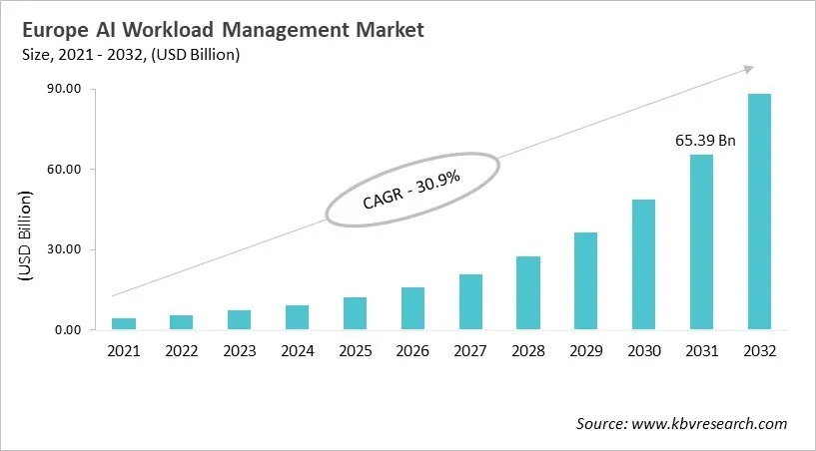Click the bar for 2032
[759, 212]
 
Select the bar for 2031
[701, 242]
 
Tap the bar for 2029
[585, 280]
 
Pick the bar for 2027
[470, 301]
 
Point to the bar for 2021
[124, 323]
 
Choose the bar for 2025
[355, 313]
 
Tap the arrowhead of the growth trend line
[747, 69]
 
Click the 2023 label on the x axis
[239, 351]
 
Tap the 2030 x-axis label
[643, 351]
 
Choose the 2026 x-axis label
[412, 351]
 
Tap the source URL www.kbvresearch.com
[710, 424]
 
